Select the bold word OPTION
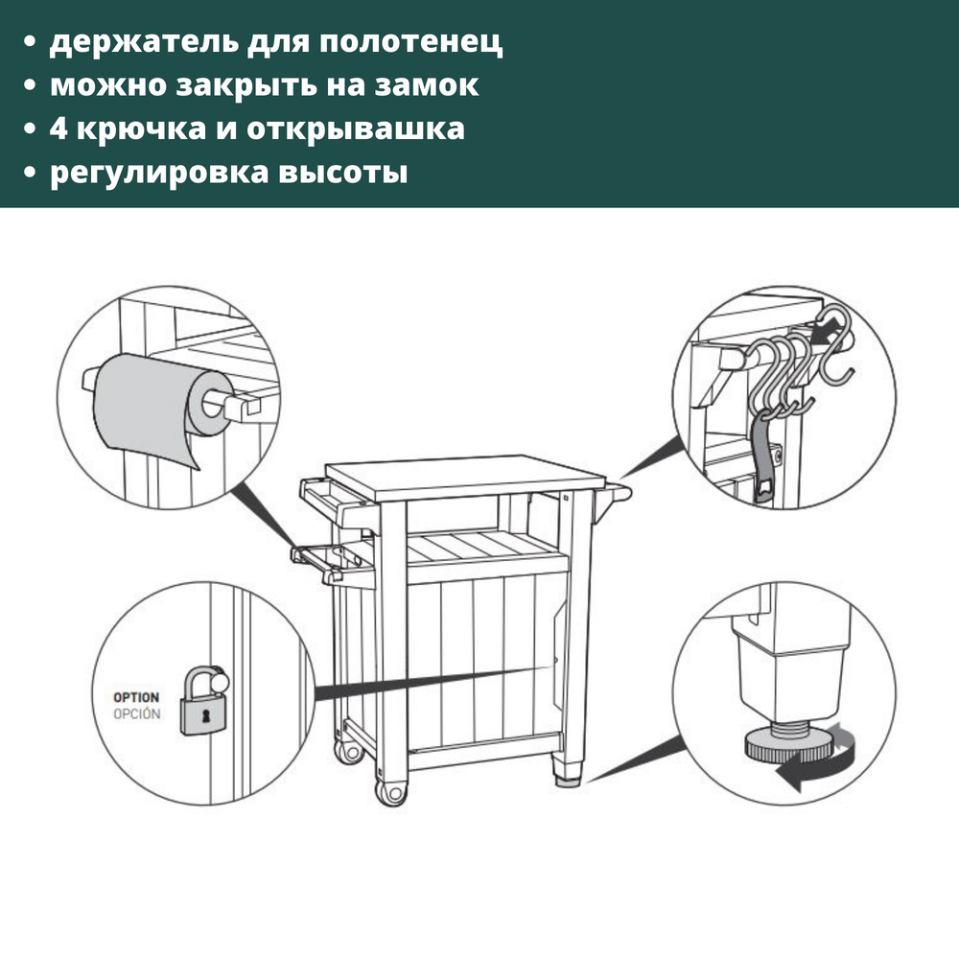[136, 697]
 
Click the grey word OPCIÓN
[136, 714]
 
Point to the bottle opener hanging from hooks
[765, 460]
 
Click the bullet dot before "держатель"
[30, 44]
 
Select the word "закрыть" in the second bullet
[229, 85]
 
